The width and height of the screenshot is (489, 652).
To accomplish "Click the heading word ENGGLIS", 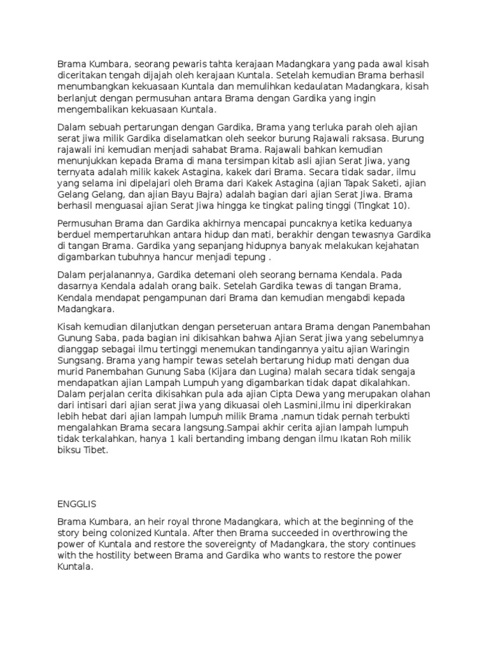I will coord(76,503).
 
